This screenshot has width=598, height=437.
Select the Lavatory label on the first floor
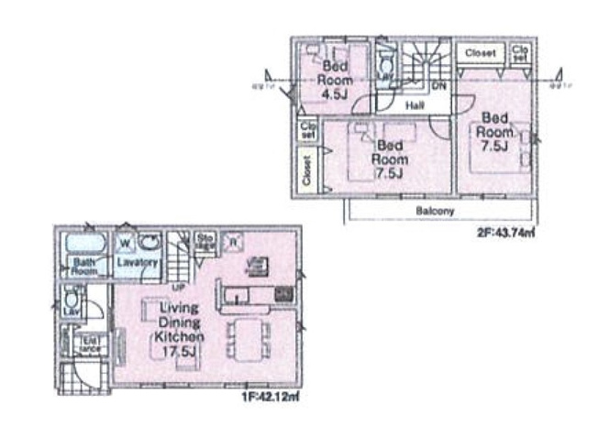point(138,262)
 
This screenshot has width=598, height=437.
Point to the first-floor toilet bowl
point(69,300)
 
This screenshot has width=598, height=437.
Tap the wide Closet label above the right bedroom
point(480,53)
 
